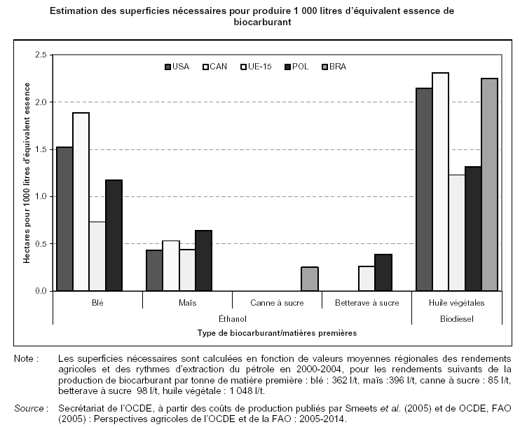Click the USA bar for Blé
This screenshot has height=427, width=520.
[x=64, y=219]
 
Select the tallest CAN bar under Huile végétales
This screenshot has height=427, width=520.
[x=440, y=182]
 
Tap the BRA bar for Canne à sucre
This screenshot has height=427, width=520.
[x=309, y=279]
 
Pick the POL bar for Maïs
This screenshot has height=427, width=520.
[x=203, y=260]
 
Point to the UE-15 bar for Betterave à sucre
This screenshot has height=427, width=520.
[x=367, y=278]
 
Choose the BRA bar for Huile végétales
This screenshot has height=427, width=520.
[x=489, y=184]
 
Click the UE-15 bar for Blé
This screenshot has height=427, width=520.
[x=97, y=256]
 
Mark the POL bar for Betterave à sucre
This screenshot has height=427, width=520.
[x=383, y=273]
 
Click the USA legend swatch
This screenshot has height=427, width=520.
[x=168, y=67]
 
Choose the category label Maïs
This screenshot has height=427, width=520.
[x=187, y=303]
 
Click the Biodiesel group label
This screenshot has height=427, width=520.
[x=456, y=318]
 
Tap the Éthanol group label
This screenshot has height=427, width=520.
[x=232, y=318]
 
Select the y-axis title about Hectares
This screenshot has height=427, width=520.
[x=27, y=172]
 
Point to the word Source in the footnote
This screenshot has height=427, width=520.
[x=30, y=407]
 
